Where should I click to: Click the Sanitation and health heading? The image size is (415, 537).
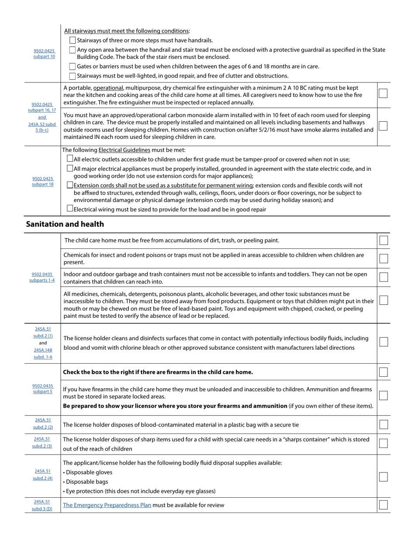point(65,224)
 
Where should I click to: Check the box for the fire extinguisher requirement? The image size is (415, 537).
point(383,93)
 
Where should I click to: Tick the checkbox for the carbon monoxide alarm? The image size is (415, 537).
point(383,126)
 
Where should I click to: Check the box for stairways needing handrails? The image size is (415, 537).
point(73,40)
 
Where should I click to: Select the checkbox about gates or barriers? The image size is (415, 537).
point(73,66)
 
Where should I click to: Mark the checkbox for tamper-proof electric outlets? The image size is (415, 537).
point(70,159)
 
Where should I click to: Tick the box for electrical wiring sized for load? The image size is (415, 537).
point(70,209)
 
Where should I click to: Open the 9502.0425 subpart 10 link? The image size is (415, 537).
point(44,53)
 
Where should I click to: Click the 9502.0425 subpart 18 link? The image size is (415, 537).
point(43,181)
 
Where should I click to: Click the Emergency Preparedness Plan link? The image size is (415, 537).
point(107,505)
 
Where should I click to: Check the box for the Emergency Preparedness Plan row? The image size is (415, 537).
point(383,505)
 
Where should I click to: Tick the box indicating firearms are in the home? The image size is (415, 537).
point(383,372)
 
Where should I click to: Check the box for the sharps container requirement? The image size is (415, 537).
point(383,443)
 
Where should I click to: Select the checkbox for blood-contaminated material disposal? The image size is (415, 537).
point(383,424)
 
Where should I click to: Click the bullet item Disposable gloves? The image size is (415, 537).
point(89,472)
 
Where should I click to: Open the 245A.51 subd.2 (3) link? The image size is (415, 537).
point(43,442)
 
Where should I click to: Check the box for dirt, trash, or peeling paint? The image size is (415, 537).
point(383,240)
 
